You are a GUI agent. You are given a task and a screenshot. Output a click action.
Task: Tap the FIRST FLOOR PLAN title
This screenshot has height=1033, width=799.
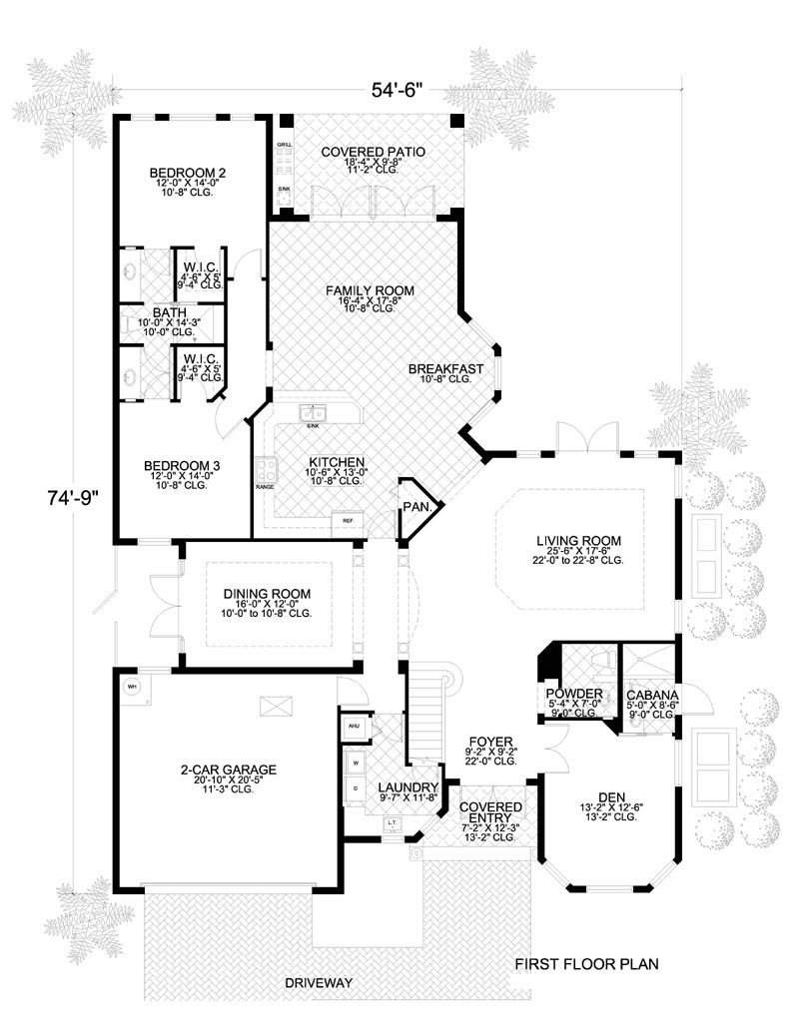click(586, 964)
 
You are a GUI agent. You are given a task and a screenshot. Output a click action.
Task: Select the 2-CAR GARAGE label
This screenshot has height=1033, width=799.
click(228, 770)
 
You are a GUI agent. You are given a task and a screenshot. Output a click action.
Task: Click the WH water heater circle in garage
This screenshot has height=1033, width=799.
click(132, 687)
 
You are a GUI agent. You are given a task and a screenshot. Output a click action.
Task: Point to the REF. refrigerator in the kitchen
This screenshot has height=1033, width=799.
click(349, 521)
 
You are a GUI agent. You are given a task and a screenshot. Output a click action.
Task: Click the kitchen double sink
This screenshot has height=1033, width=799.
click(313, 413)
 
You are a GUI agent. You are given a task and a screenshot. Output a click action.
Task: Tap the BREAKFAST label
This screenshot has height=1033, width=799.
click(445, 369)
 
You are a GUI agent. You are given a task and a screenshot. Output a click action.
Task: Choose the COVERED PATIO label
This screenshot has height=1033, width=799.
click(373, 152)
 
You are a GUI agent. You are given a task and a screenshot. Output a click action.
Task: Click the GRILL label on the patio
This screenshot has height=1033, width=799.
click(284, 145)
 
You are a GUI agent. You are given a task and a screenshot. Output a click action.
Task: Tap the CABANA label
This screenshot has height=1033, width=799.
click(653, 695)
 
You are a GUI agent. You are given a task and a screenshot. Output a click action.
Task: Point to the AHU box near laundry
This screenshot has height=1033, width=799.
click(353, 727)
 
